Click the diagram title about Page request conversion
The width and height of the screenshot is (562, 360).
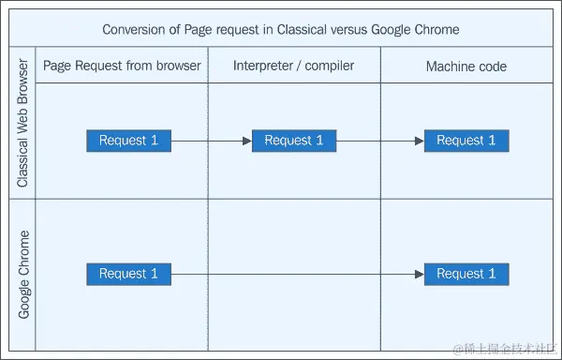tap(281, 29)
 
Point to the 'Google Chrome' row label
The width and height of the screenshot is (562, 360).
tap(23, 274)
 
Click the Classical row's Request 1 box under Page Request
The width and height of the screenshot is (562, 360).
tap(129, 141)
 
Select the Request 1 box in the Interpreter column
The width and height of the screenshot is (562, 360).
tap(294, 141)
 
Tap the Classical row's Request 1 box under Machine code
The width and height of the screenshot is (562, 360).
tap(466, 141)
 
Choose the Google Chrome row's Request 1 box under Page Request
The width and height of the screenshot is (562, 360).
tap(129, 274)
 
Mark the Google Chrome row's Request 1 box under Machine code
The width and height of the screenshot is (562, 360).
tap(466, 274)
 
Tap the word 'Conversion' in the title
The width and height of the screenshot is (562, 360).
tap(134, 29)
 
